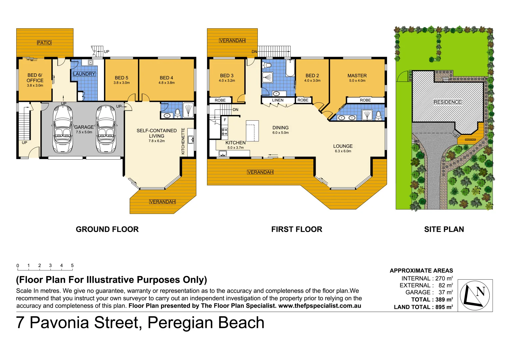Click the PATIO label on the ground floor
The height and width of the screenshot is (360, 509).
pyautogui.click(x=44, y=43)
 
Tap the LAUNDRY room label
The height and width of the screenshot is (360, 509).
pyautogui.click(x=84, y=74)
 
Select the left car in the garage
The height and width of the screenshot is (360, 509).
pyautogui.click(x=63, y=129)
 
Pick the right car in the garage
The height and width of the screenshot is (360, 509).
pyautogui.click(x=106, y=129)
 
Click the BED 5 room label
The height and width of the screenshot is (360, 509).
pyautogui.click(x=121, y=78)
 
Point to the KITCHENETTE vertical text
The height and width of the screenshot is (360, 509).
pyautogui.click(x=183, y=141)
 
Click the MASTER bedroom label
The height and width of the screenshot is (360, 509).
pyautogui.click(x=357, y=76)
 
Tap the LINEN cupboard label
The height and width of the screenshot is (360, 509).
pyautogui.click(x=278, y=100)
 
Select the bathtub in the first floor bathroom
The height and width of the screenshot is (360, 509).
pyautogui.click(x=290, y=68)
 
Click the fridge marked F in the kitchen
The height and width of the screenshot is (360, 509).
pyautogui.click(x=225, y=120)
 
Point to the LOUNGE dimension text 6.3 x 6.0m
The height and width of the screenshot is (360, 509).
pyautogui.click(x=343, y=151)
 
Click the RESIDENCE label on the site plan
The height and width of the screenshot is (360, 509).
pyautogui.click(x=447, y=102)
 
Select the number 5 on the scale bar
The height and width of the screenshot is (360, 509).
pyautogui.click(x=72, y=265)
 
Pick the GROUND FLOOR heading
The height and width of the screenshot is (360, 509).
pyautogui.click(x=107, y=229)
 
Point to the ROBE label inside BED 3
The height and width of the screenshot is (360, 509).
pyautogui.click(x=220, y=100)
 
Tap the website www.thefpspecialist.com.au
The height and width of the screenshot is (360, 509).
pyautogui.click(x=319, y=306)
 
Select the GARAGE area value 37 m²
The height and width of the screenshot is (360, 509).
pyautogui.click(x=445, y=292)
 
